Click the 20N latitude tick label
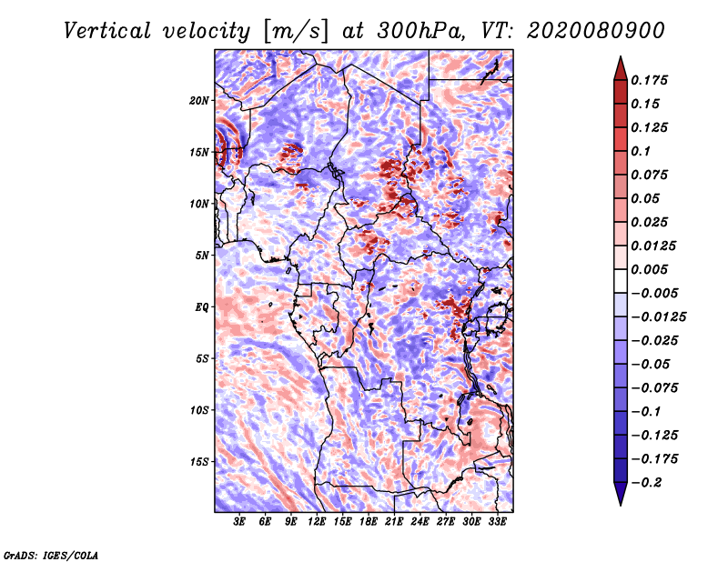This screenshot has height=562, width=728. coord(198,101)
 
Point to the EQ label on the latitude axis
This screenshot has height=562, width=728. coord(202,307)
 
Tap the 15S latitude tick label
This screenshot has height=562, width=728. coord(198,462)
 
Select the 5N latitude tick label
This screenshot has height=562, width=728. coord(201,256)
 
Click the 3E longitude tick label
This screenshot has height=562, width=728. coord(239,522)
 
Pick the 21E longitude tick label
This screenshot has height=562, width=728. coord(394,522)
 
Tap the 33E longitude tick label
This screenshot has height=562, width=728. coord(497,522)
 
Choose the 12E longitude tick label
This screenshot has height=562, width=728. coord(316,522)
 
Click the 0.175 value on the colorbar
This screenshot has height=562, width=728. coord(649,80)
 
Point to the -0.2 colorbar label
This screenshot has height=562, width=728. coord(646,483)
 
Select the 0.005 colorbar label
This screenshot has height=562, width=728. coord(649,269)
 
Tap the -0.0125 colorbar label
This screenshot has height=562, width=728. coord(658,317)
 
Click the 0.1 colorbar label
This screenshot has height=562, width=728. coord(641,151)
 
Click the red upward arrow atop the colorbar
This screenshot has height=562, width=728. coord(621,68)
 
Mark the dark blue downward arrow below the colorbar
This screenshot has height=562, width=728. coord(621,494)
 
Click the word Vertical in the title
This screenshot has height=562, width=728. coord(107,31)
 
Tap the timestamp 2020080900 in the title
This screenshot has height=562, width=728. coord(596,31)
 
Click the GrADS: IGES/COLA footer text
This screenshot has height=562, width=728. coord(51,556)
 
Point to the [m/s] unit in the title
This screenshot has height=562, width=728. coord(295,31)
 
